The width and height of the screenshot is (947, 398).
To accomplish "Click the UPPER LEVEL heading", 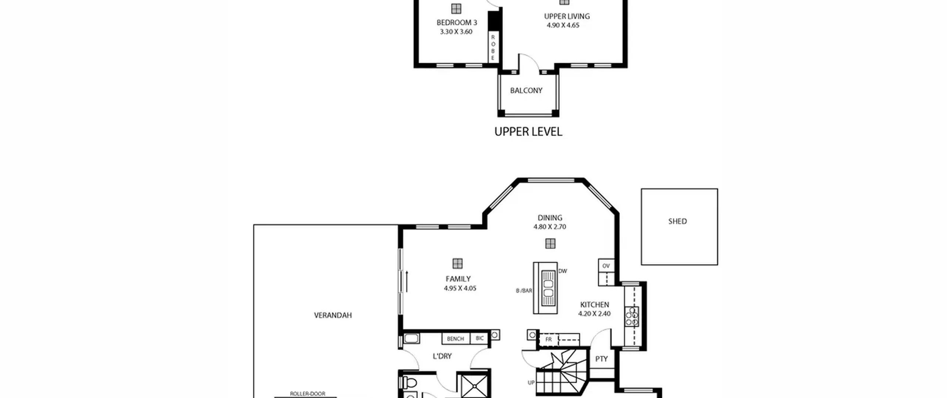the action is tap(528, 132).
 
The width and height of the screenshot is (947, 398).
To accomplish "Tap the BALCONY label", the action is tap(526, 91).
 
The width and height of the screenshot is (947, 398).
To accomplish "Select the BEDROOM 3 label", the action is tap(457, 23).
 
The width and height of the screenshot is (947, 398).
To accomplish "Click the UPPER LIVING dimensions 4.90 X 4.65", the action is tap(563, 26).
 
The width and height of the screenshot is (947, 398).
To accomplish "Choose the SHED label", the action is tap(677, 221).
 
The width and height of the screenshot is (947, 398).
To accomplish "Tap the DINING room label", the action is tap(550, 218).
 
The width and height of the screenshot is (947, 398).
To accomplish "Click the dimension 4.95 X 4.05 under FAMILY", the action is tap(460, 288).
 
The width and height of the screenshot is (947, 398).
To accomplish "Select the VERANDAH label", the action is tap(333, 315).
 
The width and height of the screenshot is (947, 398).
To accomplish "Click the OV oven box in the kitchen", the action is tap(606, 266).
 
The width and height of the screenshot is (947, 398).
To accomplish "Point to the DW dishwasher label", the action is tap(563, 271).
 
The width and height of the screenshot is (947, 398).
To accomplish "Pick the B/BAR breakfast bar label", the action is tap(524, 291).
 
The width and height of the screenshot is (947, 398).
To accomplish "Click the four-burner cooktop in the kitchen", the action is tap(631, 317).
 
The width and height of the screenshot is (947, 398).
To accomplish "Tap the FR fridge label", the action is tap(549, 339).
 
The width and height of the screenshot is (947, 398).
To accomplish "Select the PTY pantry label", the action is tap(601, 359).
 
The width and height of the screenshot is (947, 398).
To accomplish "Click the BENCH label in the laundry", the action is tap(455, 339).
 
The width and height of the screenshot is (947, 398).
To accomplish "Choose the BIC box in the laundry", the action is tap(479, 338).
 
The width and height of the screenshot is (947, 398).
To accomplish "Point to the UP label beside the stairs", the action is tap(531, 383).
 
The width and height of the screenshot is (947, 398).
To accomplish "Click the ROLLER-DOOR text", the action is tap(307, 394).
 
